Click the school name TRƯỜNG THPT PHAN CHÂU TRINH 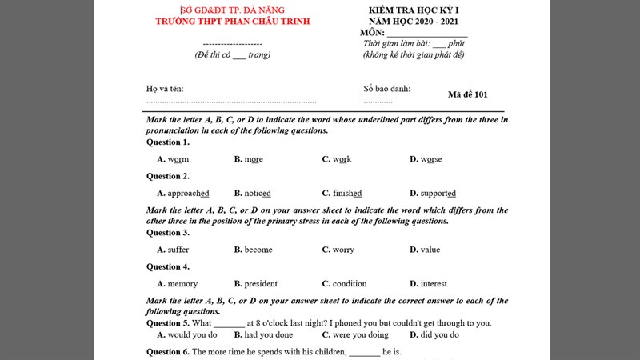tap(232, 21)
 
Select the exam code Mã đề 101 tap(468, 94)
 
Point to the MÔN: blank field tap(428, 33)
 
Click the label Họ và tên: tap(165, 89)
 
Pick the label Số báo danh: tap(387, 89)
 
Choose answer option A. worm tap(173, 159)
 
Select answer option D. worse tap(426, 159)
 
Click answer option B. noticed tap(252, 193)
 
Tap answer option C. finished tap(342, 193)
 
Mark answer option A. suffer tap(173, 250)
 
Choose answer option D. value tap(425, 250)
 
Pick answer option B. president tap(256, 283)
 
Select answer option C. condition tap(344, 283)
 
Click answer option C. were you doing tap(355, 334)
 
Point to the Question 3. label tap(168, 233)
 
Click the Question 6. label tap(168, 351)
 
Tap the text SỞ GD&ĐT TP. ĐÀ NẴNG tap(233, 10)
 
